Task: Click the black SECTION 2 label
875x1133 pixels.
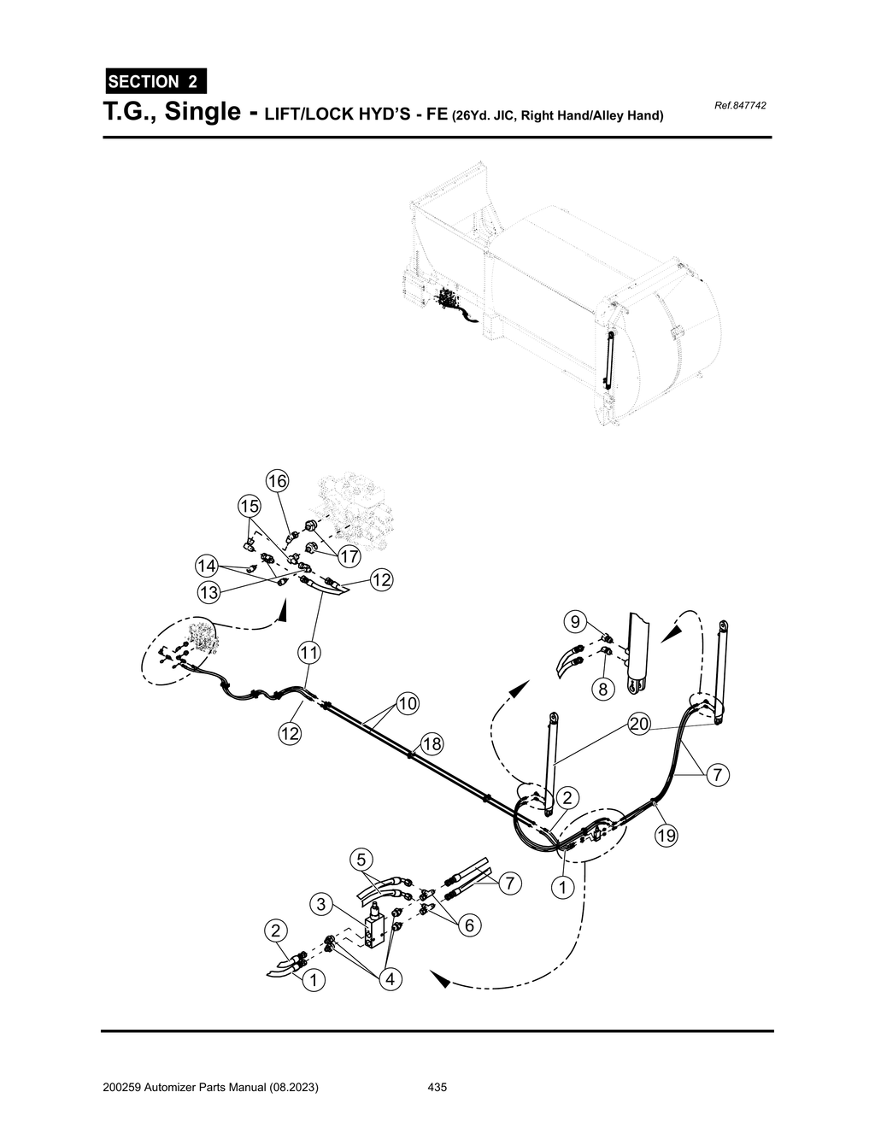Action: (x=155, y=82)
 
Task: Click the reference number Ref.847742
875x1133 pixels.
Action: (x=739, y=105)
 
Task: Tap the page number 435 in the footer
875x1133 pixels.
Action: (x=437, y=1088)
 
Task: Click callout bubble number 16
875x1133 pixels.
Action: (x=276, y=481)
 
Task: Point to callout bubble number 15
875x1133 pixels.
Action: (x=249, y=506)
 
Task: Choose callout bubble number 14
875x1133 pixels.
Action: (x=206, y=566)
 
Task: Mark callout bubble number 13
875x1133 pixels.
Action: (x=208, y=591)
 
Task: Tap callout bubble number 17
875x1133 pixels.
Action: (x=348, y=556)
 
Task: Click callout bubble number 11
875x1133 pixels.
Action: (x=308, y=654)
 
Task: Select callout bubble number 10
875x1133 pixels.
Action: (x=408, y=703)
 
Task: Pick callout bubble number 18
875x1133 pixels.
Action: (x=432, y=744)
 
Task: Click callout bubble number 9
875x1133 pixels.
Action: (x=575, y=619)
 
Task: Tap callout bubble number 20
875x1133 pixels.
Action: (x=639, y=724)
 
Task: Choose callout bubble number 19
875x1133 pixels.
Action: (x=666, y=836)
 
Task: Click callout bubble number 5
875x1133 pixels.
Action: (x=361, y=858)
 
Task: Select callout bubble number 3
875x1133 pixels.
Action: (x=321, y=904)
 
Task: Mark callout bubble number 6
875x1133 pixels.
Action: (x=469, y=925)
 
